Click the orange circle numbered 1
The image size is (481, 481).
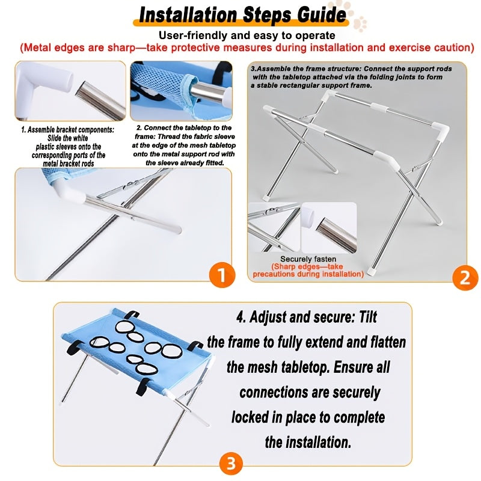[x=222, y=275]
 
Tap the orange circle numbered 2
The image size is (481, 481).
[x=465, y=278]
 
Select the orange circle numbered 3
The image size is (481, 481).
[x=231, y=463]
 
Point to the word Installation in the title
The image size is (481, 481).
[x=188, y=14]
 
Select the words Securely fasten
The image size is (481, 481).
[x=308, y=259]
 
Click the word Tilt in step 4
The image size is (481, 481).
[x=367, y=317]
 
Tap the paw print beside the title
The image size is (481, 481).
[x=360, y=24]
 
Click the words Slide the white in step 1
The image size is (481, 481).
[x=68, y=138]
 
